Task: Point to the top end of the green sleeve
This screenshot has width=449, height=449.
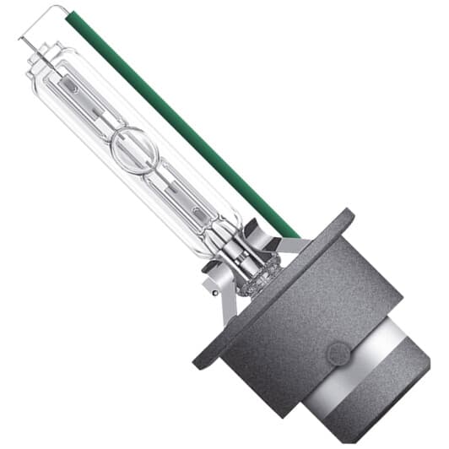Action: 71,14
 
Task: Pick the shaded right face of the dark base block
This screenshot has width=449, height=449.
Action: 371,279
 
